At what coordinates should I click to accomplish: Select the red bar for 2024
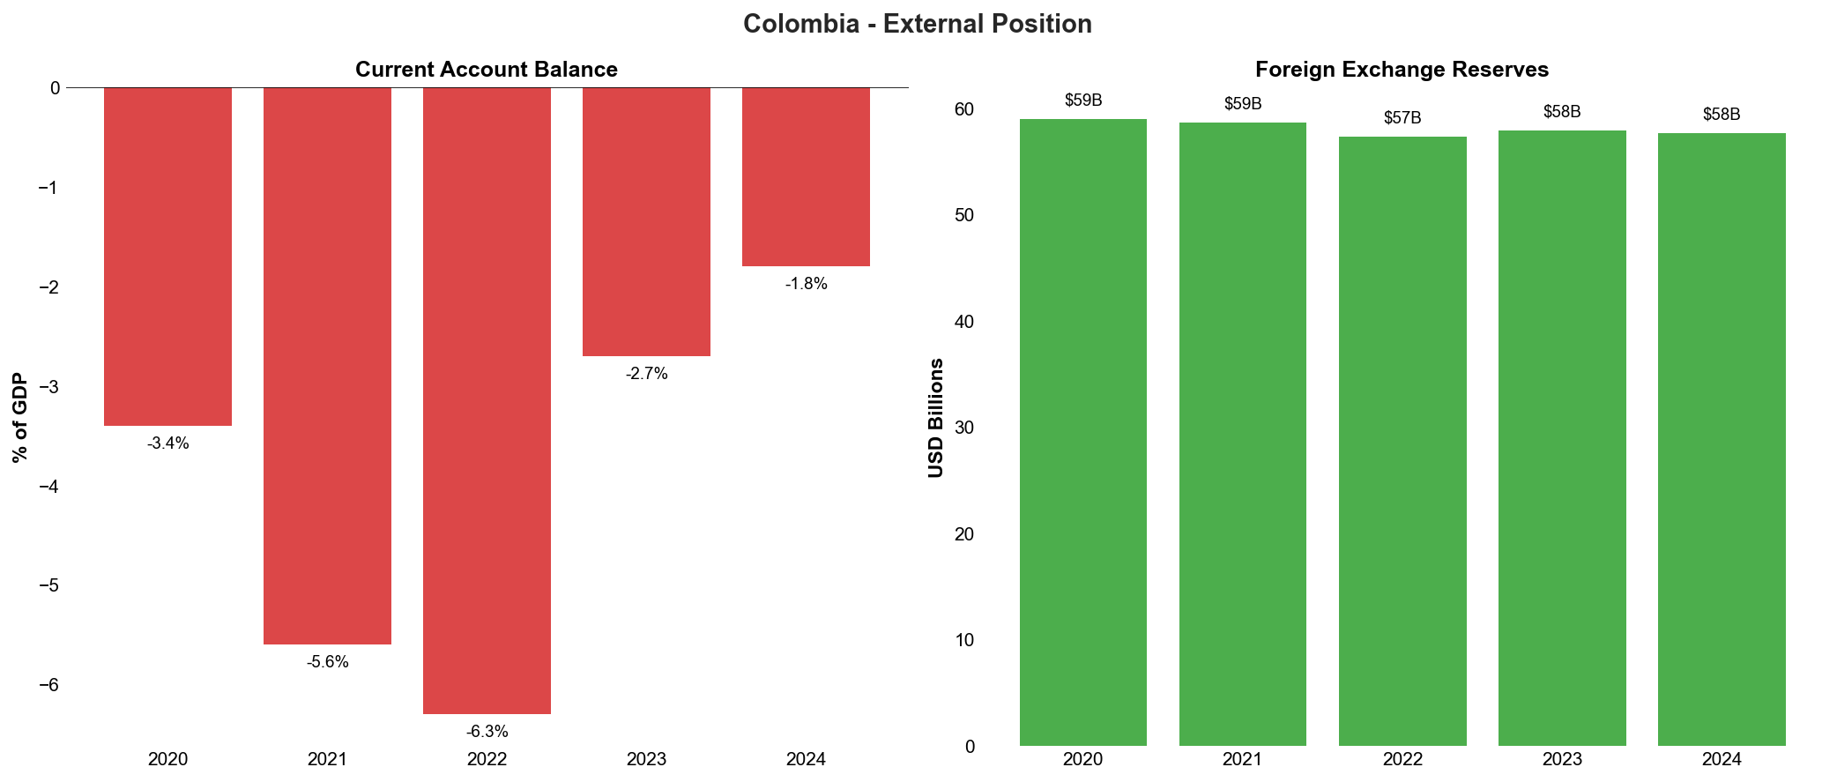806,176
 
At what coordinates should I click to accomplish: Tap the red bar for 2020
167,257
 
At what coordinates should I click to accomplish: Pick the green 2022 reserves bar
1402,441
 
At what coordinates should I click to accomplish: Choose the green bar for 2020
1082,432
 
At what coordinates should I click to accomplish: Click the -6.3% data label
487,732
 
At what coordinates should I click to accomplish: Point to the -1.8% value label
806,284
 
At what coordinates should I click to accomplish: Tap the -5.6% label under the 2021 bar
327,662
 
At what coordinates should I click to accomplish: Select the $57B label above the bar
1402,118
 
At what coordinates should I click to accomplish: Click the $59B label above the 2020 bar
1082,101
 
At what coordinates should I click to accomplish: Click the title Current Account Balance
486,70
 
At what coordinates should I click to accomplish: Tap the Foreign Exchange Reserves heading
1402,70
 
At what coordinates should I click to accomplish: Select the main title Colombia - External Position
917,24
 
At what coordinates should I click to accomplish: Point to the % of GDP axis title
20,418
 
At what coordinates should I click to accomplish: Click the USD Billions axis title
936,418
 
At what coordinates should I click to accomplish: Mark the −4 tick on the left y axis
50,487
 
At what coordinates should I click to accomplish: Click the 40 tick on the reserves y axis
964,322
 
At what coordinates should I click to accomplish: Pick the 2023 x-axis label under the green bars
1562,759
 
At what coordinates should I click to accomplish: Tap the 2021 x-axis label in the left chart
327,759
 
